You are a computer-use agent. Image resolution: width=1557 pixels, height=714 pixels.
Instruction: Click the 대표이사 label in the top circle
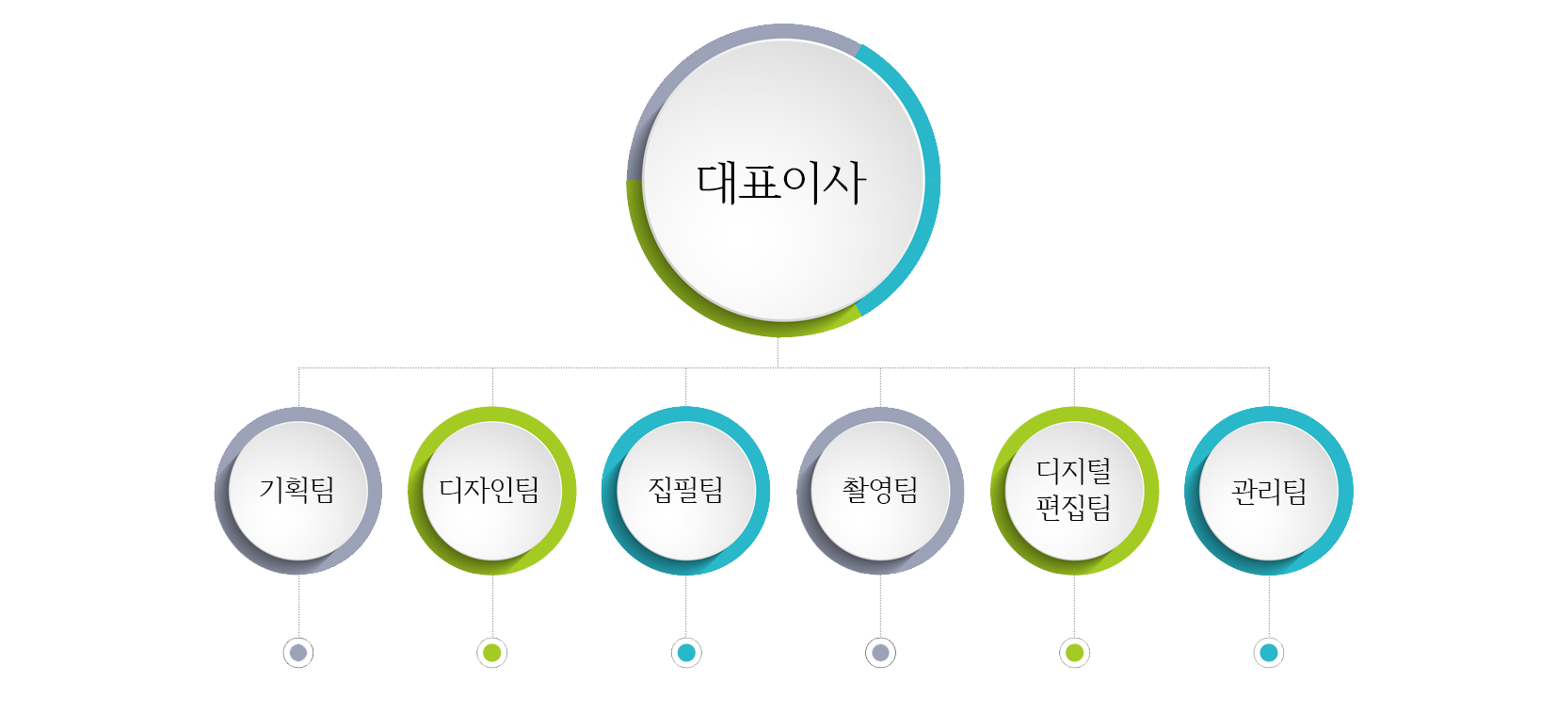[780, 182]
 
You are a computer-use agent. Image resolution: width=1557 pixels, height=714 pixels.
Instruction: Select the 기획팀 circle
[298, 491]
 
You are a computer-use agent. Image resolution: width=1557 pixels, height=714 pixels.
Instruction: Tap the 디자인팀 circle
[491, 491]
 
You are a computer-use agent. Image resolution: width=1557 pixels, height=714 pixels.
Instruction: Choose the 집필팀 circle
[686, 491]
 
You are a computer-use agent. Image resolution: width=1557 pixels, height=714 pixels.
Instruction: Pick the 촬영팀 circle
[880, 491]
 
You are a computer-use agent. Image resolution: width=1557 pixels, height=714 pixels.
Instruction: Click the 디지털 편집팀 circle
[1074, 491]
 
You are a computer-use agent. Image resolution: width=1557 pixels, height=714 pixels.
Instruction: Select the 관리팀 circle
[1269, 491]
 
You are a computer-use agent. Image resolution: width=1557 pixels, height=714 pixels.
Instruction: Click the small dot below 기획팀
[298, 652]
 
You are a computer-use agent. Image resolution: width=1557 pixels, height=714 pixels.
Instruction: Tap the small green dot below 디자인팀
[491, 652]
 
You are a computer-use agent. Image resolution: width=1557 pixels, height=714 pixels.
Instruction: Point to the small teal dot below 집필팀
[686, 652]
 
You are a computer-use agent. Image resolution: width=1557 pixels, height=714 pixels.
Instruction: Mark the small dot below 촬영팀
[880, 652]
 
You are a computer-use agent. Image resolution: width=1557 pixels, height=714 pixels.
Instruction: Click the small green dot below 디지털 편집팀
[1074, 652]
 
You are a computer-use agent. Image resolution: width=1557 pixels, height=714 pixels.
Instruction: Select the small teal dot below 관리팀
[1269, 652]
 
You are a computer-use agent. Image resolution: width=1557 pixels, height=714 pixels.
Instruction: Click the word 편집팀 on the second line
[1074, 509]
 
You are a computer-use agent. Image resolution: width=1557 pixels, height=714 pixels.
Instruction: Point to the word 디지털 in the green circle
[1074, 471]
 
